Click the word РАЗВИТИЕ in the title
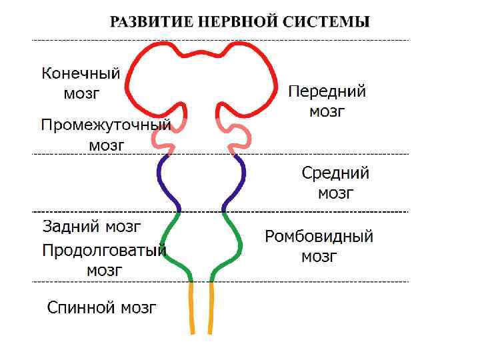148,22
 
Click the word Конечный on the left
81,73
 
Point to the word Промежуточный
106,125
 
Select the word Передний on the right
327,91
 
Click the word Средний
335,173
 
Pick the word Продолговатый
104,251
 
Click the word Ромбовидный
319,237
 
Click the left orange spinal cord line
192,307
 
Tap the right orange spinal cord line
211,307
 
